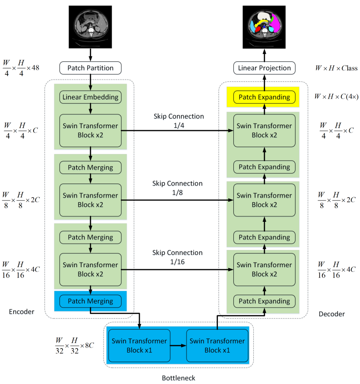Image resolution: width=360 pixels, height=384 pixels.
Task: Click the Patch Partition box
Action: (90, 68)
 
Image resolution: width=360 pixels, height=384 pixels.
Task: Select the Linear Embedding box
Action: (90, 97)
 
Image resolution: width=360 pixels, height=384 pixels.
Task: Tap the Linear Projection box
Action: (264, 68)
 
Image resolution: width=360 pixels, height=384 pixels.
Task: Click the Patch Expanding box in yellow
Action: (264, 97)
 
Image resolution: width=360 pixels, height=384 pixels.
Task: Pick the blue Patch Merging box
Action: (90, 301)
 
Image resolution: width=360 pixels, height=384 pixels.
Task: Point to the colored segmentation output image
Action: (264, 27)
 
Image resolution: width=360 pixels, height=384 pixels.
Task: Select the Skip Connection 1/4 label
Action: (178, 120)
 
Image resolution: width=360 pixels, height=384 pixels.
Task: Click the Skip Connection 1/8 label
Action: (178, 188)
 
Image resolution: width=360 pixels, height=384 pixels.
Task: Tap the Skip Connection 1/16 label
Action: (178, 257)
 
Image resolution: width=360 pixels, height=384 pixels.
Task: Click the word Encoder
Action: (22, 311)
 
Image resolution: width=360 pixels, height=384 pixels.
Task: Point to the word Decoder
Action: (332, 314)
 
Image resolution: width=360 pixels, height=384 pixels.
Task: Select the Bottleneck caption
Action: (179, 378)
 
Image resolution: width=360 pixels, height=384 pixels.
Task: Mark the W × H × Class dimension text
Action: (336, 69)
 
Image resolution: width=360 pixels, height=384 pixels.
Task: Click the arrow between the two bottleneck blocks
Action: (178, 345)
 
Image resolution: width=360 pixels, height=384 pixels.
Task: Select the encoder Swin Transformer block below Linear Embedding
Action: (90, 130)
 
